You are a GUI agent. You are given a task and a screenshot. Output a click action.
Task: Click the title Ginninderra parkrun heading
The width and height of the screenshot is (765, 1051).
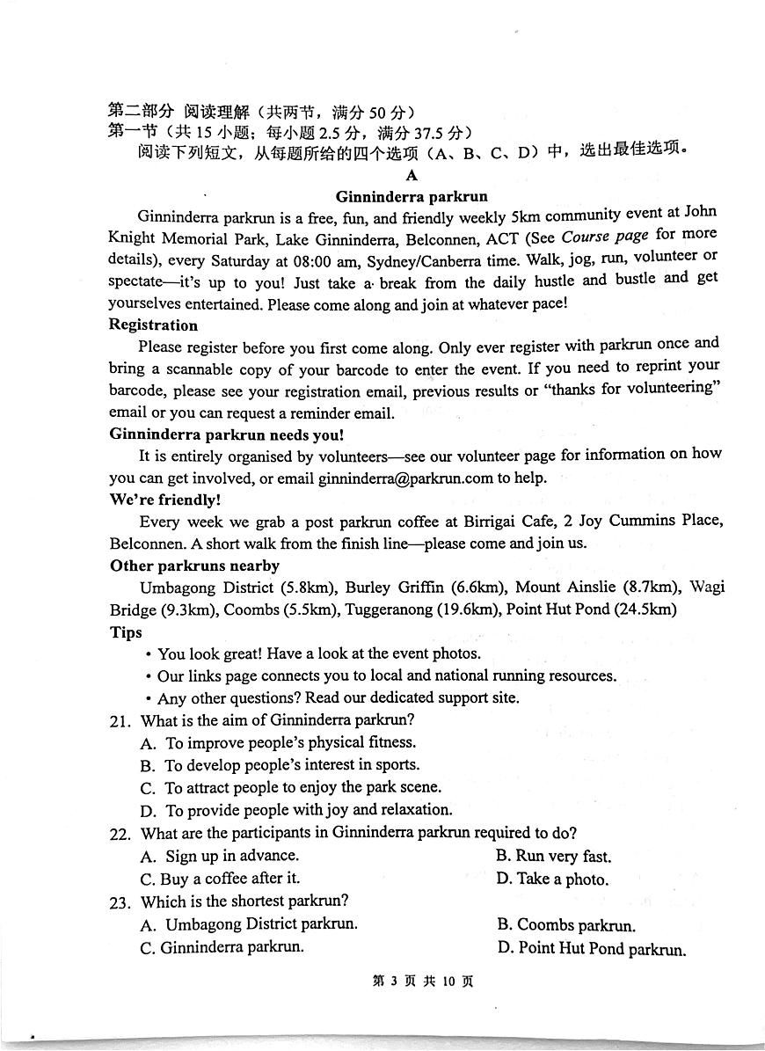pos(412,196)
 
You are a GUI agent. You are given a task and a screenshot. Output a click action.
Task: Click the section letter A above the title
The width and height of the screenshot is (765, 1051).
pos(412,175)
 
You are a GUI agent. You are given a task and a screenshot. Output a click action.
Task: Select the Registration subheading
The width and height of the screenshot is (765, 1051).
pos(153,325)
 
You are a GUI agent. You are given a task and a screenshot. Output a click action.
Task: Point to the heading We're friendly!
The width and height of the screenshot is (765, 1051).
pos(164,500)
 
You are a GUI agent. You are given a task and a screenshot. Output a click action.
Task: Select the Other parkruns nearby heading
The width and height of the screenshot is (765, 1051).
pos(194,566)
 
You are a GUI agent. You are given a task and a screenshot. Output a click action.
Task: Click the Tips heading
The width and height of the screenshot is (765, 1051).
pos(126,631)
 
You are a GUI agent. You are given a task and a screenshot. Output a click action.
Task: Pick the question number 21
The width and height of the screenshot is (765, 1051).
pos(120,720)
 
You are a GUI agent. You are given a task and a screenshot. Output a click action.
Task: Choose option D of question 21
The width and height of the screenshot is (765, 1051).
pos(296,810)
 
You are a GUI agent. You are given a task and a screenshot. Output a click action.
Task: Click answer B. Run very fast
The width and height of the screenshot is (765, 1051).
pos(554,856)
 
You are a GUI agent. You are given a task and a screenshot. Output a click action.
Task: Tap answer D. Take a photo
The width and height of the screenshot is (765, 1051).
pos(552,879)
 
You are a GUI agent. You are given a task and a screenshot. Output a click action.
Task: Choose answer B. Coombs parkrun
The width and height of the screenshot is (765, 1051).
pos(566,924)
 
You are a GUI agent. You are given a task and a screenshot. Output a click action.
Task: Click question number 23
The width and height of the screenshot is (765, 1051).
pos(120,901)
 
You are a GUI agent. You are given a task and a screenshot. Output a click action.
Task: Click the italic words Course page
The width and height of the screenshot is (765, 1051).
pos(605,236)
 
